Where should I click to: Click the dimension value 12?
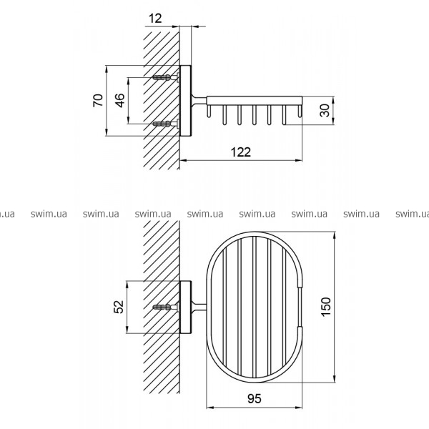tap(155, 19)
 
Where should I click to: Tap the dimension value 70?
tap(98, 100)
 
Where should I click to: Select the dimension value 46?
tap(120, 100)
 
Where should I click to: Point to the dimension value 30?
tap(325, 110)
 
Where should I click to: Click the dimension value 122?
tap(241, 152)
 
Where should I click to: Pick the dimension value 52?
tap(119, 307)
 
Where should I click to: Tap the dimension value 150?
tap(326, 307)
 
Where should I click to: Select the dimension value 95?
tap(255, 399)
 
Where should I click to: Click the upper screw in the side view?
tap(166, 78)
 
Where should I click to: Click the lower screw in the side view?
tap(166, 124)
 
